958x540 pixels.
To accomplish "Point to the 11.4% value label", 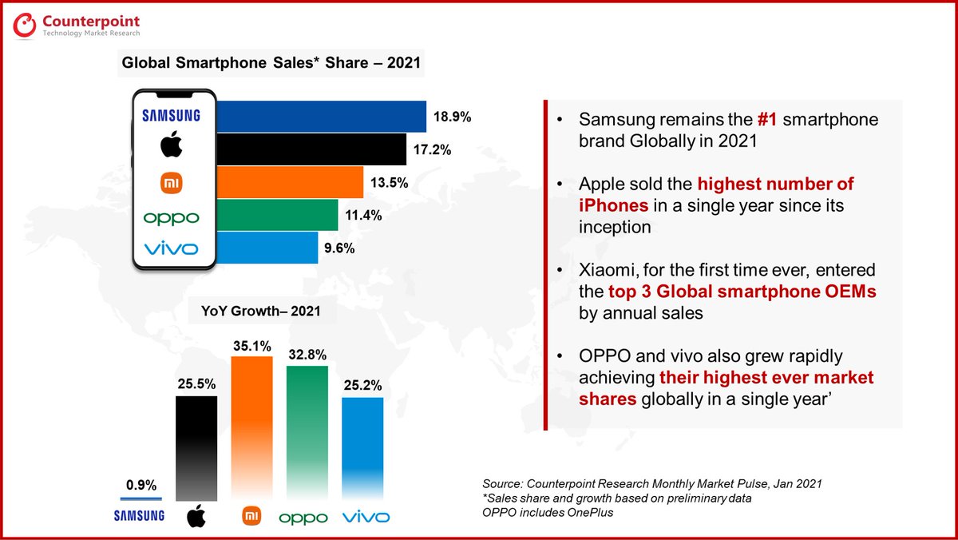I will pos(364,215).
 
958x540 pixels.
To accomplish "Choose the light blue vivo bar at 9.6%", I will pos(267,248).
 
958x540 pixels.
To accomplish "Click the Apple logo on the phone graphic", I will pos(172,147).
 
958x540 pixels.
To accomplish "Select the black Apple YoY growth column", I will pos(196,447).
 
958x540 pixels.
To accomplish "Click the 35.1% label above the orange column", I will pos(252,347).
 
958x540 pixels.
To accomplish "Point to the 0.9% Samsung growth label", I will pos(141,485).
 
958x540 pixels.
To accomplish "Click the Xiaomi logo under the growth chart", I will pos(251,516).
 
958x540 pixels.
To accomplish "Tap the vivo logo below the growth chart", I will pos(366,518).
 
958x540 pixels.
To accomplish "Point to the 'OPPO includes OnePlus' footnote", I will pos(548,512).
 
